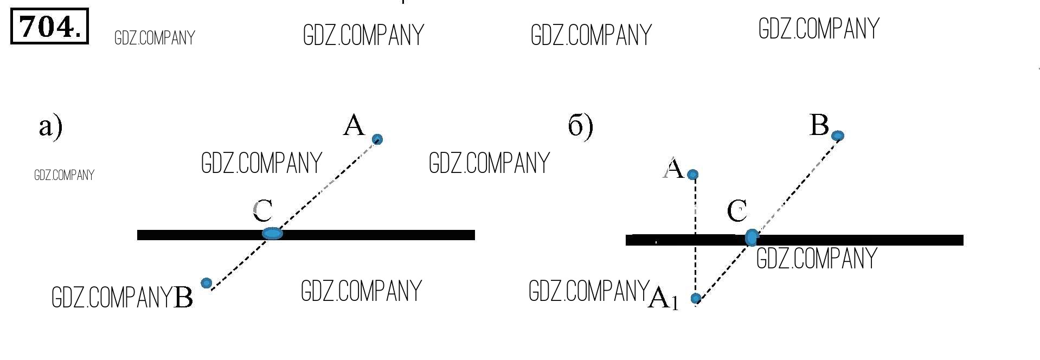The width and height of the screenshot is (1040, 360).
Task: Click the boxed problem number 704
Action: tap(49, 26)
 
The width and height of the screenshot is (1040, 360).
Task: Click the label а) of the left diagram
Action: tap(50, 127)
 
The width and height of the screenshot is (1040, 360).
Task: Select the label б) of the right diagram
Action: tap(580, 126)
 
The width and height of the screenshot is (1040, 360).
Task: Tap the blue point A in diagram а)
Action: tap(377, 139)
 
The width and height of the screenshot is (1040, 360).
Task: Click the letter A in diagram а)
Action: tap(354, 125)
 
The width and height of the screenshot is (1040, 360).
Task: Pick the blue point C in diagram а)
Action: tap(272, 234)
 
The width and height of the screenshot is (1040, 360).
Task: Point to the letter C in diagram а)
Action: tap(262, 210)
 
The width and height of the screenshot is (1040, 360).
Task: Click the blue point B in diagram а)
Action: tap(206, 283)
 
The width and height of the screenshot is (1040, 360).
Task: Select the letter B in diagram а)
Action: tap(183, 297)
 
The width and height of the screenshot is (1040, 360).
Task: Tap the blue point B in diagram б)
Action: tap(838, 135)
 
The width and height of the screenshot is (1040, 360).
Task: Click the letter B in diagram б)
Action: tap(819, 125)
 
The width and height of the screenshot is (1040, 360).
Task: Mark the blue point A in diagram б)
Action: tap(692, 175)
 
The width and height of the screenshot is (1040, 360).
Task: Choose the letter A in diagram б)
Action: tap(673, 169)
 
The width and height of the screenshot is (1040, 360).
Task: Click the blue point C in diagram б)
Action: tap(752, 237)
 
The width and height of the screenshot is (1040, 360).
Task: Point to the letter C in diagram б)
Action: tap(737, 210)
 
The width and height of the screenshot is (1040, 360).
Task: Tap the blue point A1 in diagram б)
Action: tap(696, 298)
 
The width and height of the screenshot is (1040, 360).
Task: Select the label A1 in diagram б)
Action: tap(663, 298)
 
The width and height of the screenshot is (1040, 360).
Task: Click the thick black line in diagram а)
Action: tap(380, 235)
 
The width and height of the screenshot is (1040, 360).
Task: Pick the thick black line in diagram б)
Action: tap(868, 240)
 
